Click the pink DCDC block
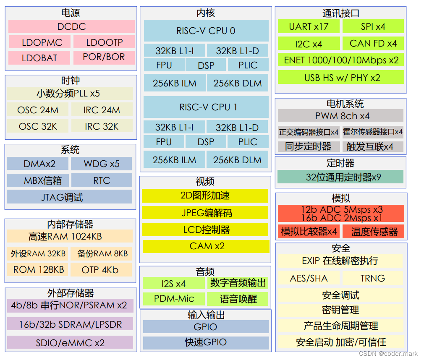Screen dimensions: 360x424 [71, 26]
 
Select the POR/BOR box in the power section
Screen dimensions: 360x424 [104, 57]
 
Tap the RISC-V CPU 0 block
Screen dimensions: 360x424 [206, 31]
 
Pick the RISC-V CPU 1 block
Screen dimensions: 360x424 [206, 107]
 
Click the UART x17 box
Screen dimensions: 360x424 [309, 26]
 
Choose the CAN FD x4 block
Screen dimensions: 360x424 [373, 43]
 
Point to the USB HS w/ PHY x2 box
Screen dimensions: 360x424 [341, 77]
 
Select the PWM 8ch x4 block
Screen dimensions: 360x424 [340, 115]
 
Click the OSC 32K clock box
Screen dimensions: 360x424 [38, 126]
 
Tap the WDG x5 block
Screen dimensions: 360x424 [102, 164]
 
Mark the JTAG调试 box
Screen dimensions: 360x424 [69, 197]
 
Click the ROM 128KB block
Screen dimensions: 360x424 [38, 269]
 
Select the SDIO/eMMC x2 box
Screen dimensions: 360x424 [70, 342]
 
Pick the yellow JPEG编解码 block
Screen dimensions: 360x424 [205, 213]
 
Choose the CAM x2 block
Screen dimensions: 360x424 [206, 246]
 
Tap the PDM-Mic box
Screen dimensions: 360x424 [174, 299]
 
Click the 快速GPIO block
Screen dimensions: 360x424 [206, 342]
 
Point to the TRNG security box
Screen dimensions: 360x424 [372, 278]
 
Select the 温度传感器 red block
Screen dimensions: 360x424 [373, 231]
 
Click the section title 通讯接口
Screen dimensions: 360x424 [340, 13]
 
